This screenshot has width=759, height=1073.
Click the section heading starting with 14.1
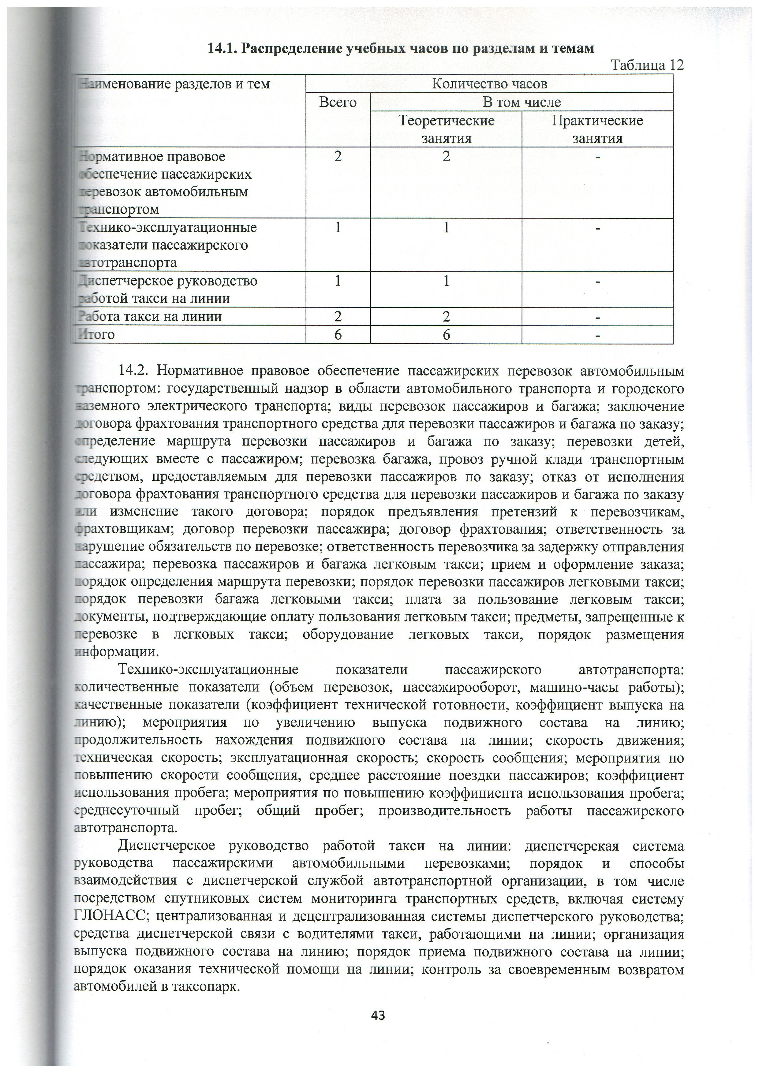(x=401, y=49)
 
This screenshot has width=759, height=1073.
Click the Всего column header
(x=338, y=102)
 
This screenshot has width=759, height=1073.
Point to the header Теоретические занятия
(x=446, y=129)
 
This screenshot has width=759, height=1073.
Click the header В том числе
(x=521, y=102)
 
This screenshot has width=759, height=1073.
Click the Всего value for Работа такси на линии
(x=338, y=317)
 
